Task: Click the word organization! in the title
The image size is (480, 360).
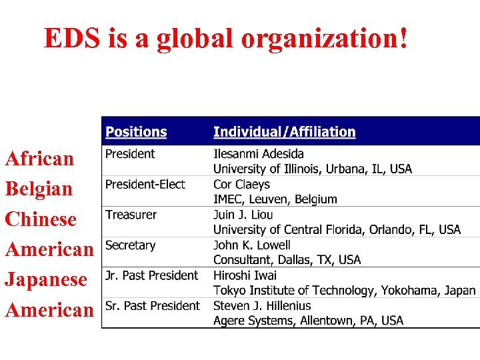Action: point(325,39)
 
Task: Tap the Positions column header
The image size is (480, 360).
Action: point(136,132)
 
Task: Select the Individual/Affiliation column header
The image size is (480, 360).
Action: point(284,132)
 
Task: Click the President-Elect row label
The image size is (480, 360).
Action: point(145,184)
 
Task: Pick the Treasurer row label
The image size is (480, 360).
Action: point(131,215)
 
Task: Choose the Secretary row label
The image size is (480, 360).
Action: point(130,245)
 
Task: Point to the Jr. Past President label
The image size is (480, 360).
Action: point(151,275)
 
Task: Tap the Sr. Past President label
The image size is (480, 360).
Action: point(152,306)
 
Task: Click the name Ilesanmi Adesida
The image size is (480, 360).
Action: point(259,154)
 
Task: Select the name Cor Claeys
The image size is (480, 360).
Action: point(241,185)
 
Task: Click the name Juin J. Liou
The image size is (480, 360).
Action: point(243,215)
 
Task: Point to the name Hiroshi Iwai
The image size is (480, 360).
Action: point(245,275)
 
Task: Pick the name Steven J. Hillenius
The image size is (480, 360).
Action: point(262,306)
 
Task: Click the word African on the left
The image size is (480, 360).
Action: point(39,159)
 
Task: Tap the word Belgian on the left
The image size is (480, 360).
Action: point(39,189)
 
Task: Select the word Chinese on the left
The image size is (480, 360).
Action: point(41,219)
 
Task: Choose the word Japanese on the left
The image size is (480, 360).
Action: point(46,279)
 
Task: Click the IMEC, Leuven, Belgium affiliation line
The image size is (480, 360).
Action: point(275,199)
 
